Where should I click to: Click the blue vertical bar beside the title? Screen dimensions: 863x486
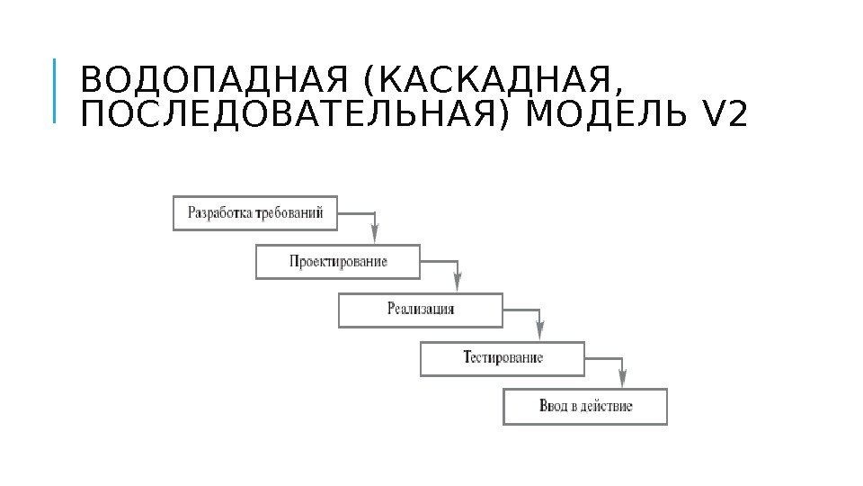pyautogui.click(x=53, y=90)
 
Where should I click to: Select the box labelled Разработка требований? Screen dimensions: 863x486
pyautogui.click(x=255, y=213)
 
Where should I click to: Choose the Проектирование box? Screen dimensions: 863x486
pyautogui.click(x=338, y=262)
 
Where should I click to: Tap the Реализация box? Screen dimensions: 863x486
pyautogui.click(x=420, y=310)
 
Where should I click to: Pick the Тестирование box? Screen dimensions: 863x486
pyautogui.click(x=503, y=357)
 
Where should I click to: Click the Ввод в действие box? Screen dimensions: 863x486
pyautogui.click(x=585, y=406)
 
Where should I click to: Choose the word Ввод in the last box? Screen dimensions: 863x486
pyautogui.click(x=553, y=406)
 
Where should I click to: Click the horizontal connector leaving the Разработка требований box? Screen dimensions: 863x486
pyautogui.click(x=356, y=213)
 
